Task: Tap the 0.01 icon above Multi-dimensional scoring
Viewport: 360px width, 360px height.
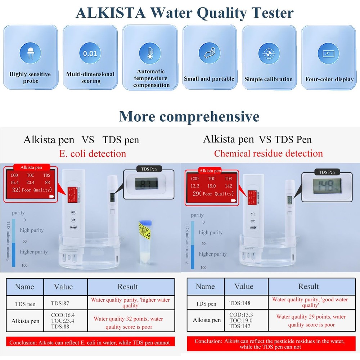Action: coord(90,54)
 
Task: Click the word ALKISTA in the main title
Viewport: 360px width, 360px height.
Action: coord(111,13)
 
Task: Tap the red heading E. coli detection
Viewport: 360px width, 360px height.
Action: coord(92,154)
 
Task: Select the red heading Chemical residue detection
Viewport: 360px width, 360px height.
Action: coord(268,153)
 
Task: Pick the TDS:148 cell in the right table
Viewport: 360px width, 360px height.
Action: coord(240,303)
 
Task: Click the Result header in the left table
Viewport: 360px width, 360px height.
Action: coord(127,287)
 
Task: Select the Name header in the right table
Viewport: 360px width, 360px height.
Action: coord(205,287)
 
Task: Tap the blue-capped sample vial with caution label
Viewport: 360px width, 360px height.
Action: coord(145,239)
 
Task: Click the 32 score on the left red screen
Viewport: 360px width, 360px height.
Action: coord(15,190)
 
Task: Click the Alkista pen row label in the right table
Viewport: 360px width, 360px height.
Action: coord(206,320)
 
